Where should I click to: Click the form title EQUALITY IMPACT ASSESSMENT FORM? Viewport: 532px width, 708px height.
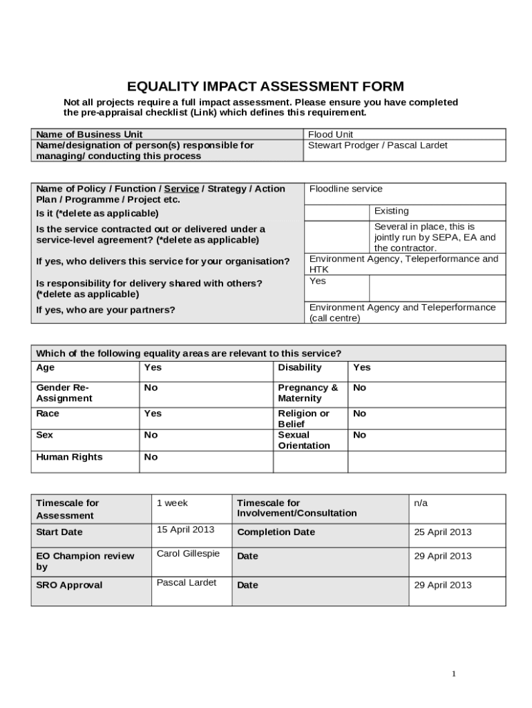265,86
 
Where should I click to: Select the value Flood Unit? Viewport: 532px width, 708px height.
331,134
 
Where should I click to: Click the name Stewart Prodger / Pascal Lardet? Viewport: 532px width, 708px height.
377,145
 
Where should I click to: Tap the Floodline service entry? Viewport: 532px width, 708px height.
345,189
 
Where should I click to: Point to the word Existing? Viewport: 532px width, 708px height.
391,211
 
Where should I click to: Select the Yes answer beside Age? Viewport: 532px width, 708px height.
152,368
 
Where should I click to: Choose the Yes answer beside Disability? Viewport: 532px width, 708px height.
361,368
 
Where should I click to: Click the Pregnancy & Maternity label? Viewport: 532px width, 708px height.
307,393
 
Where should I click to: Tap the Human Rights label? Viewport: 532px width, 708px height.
69,457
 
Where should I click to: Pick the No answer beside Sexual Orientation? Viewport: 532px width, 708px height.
359,436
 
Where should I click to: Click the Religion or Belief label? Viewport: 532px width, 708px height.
303,418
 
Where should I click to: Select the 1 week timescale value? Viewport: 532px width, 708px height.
172,503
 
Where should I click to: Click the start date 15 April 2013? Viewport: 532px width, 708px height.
185,530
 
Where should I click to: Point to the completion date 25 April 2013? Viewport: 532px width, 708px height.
442,532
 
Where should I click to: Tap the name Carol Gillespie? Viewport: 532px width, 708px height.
189,554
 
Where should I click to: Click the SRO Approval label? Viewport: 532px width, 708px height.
69,586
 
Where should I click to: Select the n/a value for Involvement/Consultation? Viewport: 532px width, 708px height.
421,503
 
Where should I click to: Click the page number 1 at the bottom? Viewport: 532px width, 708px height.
454,674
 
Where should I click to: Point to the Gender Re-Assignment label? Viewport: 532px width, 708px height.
64,393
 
